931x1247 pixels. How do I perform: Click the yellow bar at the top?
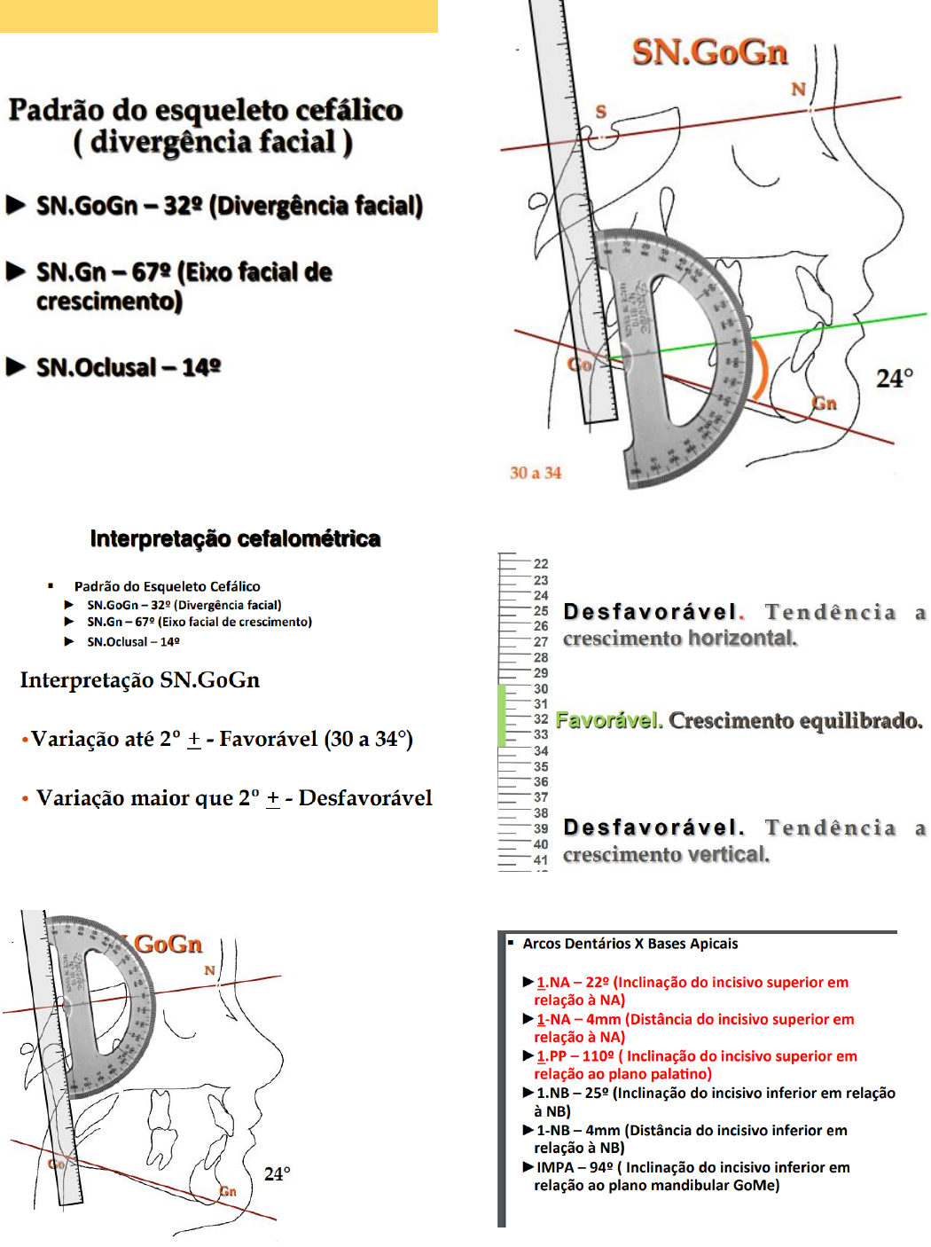218,16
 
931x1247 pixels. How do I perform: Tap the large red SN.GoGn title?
709,52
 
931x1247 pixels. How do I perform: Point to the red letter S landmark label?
601,112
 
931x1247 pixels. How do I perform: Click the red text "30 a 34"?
536,473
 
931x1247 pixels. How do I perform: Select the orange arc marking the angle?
760,368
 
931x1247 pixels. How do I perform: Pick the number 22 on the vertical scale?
541,564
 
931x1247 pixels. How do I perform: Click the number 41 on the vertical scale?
541,860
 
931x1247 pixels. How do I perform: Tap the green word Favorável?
609,720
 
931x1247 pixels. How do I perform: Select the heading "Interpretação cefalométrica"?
235,539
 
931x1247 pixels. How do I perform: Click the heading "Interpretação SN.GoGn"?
140,680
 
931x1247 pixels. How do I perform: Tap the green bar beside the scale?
502,715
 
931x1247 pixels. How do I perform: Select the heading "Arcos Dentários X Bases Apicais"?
630,944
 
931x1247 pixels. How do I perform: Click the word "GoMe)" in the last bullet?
756,1185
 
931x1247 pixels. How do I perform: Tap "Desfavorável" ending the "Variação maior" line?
365,798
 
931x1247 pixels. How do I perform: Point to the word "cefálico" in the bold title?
348,110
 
